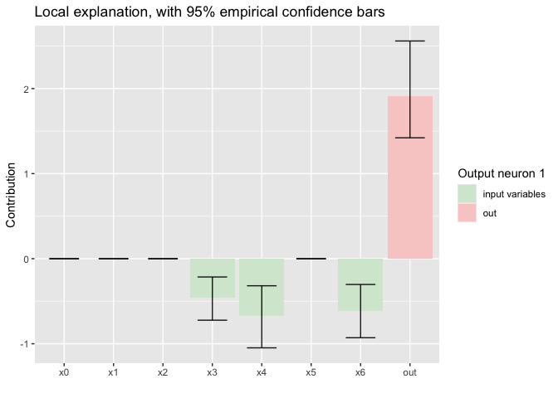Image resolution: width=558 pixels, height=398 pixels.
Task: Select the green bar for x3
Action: (213, 278)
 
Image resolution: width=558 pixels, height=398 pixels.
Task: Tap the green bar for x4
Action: (262, 287)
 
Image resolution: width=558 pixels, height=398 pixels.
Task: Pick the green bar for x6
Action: (360, 284)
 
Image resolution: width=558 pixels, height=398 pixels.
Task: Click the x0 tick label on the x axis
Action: (64, 373)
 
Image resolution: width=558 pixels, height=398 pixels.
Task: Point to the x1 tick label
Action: (114, 373)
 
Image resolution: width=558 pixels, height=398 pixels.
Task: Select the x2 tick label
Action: (163, 373)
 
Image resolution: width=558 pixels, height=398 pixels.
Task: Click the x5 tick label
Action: (311, 373)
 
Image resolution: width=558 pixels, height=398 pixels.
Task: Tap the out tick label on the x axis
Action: (410, 373)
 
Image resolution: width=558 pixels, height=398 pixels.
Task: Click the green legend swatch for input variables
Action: (467, 194)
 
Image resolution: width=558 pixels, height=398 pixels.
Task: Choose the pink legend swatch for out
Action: (467, 213)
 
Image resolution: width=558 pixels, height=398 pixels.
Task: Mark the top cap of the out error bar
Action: (410, 41)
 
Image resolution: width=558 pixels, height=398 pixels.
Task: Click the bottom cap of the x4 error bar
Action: (262, 347)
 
